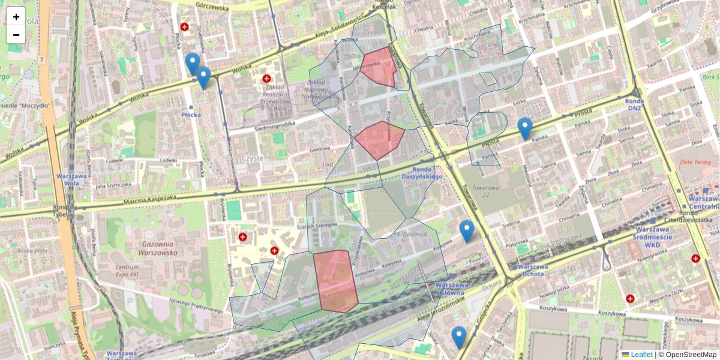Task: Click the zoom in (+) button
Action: [16, 17]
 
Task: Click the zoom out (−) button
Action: [16, 35]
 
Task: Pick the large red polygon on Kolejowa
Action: [335, 281]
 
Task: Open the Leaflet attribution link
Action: [641, 355]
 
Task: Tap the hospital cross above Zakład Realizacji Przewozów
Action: [266, 79]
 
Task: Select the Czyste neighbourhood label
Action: [252, 157]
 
